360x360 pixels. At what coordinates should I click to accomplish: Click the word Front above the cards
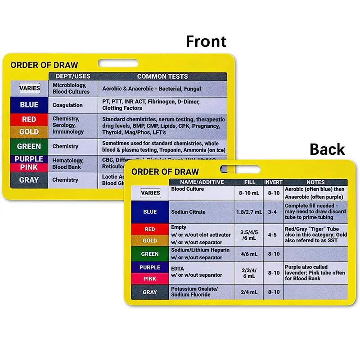tap(206, 41)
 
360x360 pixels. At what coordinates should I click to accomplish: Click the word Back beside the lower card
tap(327, 149)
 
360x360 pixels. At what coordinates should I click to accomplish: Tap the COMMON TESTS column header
tap(162, 76)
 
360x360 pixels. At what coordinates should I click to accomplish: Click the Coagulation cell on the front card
tap(67, 105)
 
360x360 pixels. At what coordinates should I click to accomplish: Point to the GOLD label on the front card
tap(29, 132)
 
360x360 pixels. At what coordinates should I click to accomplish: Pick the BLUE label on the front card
tap(29, 105)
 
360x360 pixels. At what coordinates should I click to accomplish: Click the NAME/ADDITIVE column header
tap(202, 182)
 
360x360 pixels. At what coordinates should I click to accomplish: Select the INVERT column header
tap(273, 182)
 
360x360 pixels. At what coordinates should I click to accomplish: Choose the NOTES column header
tap(315, 182)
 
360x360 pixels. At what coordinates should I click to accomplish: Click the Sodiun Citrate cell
tap(188, 212)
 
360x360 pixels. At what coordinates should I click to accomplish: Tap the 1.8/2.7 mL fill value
tap(248, 212)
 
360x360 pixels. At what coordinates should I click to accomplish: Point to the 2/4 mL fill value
tap(248, 292)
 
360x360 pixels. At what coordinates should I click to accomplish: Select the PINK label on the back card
tap(150, 279)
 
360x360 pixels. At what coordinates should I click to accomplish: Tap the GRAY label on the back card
tap(150, 292)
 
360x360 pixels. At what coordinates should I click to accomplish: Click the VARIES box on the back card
tap(150, 193)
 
